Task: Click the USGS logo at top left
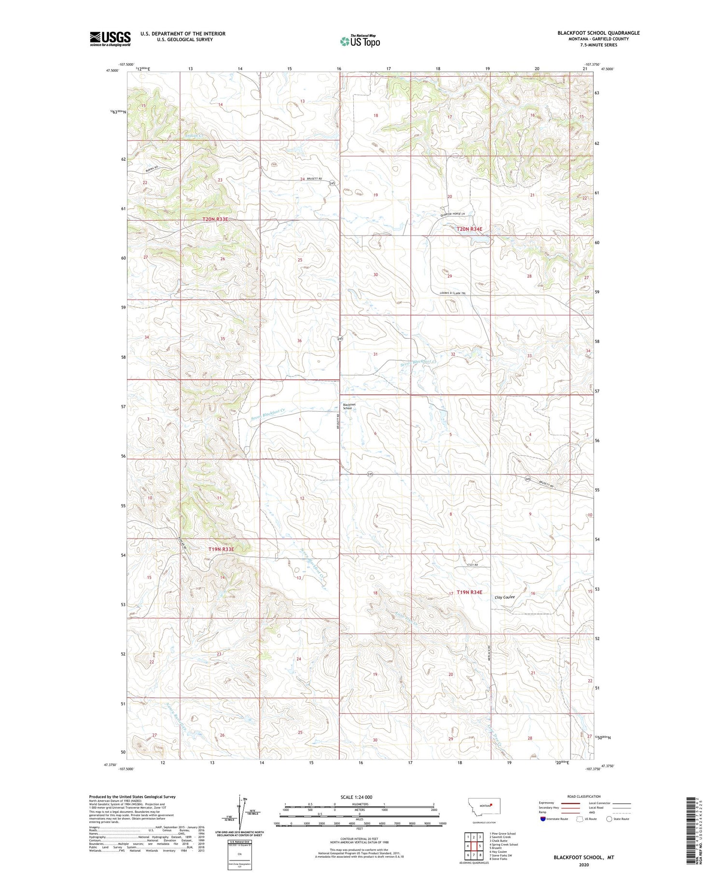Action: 110,39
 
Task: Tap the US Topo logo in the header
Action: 360,42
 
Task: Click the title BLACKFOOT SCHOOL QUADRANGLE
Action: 599,33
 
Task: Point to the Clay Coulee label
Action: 505,597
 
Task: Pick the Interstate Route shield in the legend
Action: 543,819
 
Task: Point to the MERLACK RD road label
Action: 489,650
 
